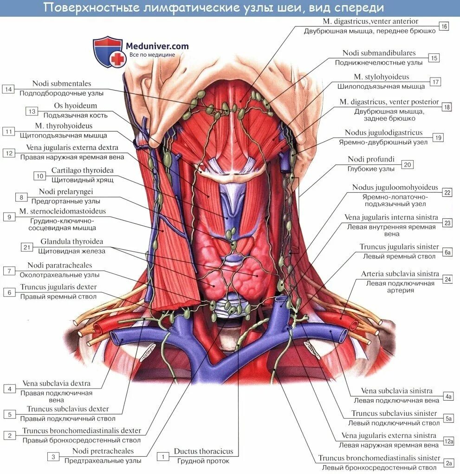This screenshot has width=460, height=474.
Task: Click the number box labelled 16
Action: click(444, 26)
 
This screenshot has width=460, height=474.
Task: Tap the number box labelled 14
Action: click(8, 89)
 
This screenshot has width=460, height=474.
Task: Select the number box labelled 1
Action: click(162, 456)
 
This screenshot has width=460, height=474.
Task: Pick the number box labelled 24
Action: click(447, 279)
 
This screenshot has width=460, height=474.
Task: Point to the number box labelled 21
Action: click(27, 247)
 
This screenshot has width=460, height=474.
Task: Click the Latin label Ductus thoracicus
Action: click(203, 451)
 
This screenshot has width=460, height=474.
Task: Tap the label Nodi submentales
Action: click(61, 84)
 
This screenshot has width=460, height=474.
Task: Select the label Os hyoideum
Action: click(75, 106)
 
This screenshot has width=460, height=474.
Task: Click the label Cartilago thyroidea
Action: click(82, 170)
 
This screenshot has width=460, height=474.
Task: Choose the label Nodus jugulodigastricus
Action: click(383, 133)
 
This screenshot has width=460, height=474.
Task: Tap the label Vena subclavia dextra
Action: click(56, 384)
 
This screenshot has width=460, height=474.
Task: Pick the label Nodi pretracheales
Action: click(103, 451)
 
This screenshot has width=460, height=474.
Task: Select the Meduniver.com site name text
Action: click(157, 46)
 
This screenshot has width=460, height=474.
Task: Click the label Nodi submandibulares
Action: click(379, 53)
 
